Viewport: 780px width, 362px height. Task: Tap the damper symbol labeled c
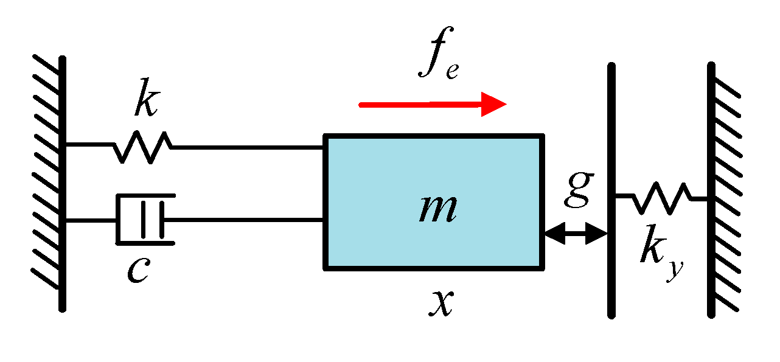[x=145, y=219]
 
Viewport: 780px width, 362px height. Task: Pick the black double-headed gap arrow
[x=576, y=233]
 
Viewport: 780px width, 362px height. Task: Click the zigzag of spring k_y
[x=661, y=198]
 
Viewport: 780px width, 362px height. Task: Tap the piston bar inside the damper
[x=144, y=219]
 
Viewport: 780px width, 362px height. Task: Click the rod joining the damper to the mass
[x=243, y=220]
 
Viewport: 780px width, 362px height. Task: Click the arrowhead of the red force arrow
[x=493, y=105]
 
